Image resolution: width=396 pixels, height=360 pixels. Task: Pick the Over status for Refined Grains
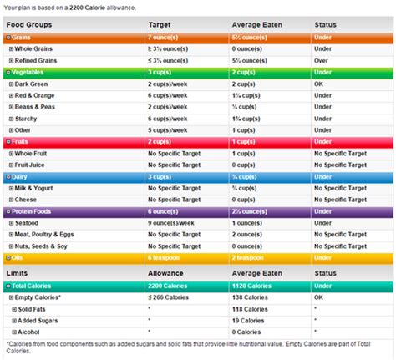(322, 61)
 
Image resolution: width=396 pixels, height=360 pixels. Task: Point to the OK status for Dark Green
(319, 84)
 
